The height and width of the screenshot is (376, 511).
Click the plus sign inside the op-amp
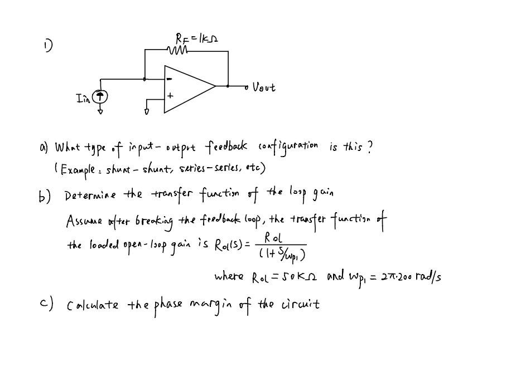pyautogui.click(x=171, y=97)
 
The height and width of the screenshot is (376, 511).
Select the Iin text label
pyautogui.click(x=84, y=97)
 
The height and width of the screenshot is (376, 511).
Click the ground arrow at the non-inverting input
pyautogui.click(x=147, y=111)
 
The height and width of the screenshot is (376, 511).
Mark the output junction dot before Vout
pyautogui.click(x=228, y=86)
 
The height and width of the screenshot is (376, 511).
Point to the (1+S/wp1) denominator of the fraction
pyautogui.click(x=281, y=254)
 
